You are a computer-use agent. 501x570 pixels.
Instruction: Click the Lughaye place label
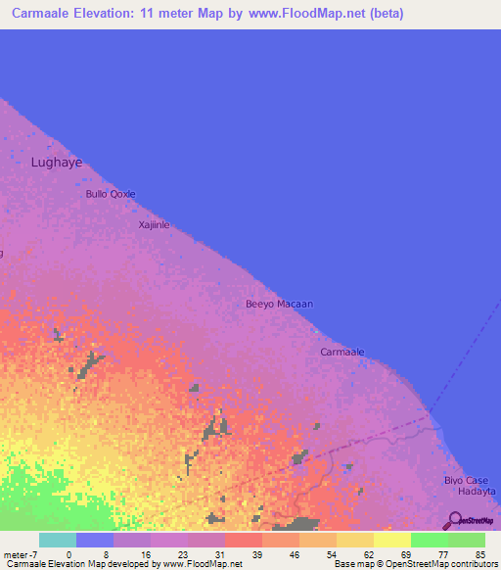[57, 163]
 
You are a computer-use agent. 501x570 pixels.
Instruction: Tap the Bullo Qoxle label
[110, 194]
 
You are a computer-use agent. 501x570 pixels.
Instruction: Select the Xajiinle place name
[154, 225]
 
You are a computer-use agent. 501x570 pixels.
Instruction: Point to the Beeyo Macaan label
[279, 305]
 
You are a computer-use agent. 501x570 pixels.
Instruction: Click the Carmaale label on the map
[342, 352]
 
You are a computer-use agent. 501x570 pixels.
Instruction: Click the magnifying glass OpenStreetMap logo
[456, 521]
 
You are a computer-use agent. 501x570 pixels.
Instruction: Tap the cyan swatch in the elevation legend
[58, 540]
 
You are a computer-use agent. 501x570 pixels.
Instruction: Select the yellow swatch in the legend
[391, 540]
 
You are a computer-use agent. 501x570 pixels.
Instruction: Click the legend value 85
[478, 554]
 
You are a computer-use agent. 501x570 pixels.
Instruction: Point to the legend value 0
[68, 554]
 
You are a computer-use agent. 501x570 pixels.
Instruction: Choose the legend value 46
[293, 554]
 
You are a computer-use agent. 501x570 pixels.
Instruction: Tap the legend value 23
[181, 554]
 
